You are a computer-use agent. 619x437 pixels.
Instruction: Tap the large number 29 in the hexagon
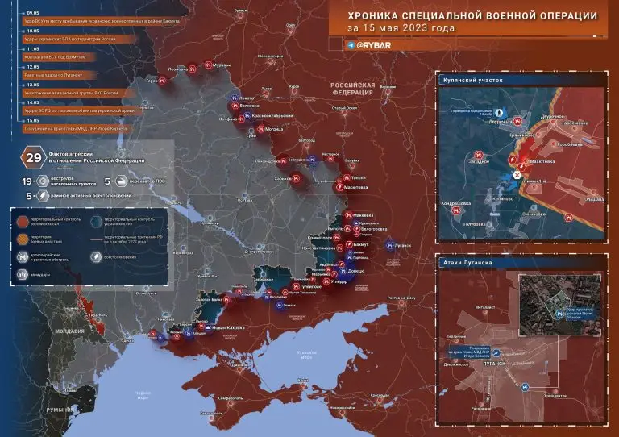tap(34, 156)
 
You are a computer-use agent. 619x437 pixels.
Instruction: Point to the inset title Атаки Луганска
tap(468, 263)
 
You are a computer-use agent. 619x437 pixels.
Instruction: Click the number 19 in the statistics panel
tap(27, 183)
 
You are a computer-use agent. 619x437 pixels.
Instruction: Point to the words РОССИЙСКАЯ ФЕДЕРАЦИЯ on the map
tap(355, 89)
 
